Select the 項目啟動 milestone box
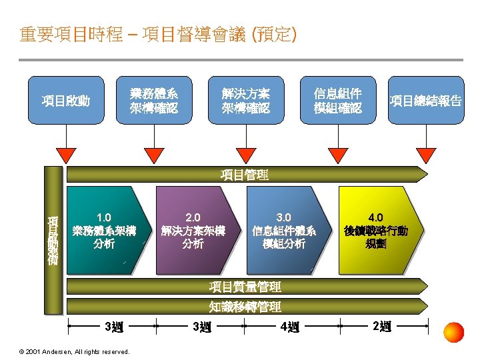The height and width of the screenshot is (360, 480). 65,101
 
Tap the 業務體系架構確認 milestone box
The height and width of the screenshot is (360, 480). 154,100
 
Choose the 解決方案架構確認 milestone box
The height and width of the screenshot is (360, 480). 247,100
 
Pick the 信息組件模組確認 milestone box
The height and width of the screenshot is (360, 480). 338,100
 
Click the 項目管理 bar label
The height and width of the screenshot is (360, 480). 244,175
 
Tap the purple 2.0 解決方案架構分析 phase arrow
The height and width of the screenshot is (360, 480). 193,231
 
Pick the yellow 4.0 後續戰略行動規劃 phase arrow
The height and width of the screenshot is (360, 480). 376,231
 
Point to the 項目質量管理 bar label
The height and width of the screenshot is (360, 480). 244,287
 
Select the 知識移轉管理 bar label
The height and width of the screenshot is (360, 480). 244,307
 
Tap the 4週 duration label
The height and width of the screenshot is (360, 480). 290,327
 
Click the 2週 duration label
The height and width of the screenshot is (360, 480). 383,327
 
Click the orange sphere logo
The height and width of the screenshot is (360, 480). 454,332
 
